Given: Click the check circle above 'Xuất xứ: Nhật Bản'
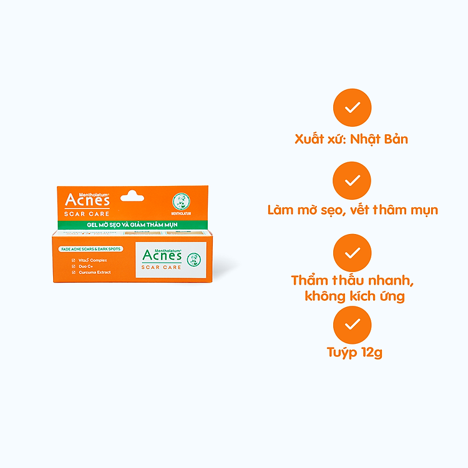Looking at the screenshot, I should click(352, 107).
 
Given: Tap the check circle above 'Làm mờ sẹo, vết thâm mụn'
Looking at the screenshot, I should click(352, 180).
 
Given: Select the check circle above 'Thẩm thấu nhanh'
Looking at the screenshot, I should click(352, 253).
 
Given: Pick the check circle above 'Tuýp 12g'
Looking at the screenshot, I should click(352, 325).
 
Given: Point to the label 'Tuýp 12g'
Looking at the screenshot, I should click(354, 353).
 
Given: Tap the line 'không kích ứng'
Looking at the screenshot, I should click(354, 296).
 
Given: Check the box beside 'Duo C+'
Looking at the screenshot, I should click(74, 266).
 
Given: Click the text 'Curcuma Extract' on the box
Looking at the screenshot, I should click(95, 272).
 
